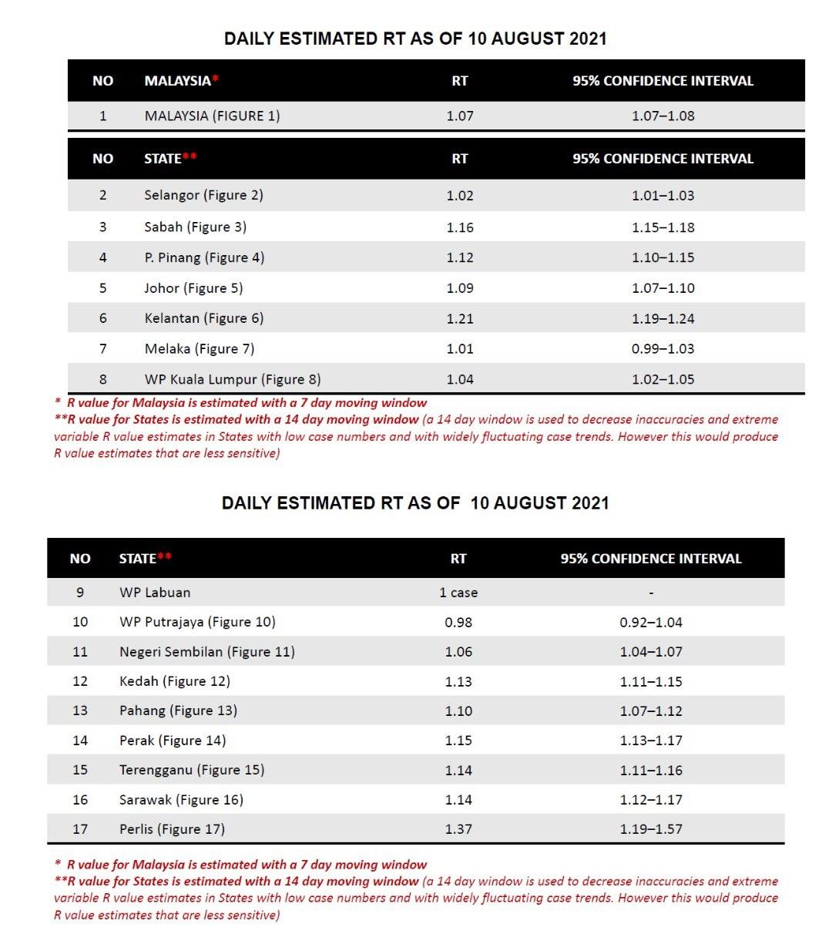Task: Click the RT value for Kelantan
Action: (x=460, y=318)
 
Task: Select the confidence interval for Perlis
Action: (x=651, y=829)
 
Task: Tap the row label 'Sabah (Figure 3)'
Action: (x=195, y=227)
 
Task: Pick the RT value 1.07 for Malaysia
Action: (x=460, y=116)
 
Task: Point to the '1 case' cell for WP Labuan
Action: (x=458, y=593)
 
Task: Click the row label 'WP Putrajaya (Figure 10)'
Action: (x=197, y=622)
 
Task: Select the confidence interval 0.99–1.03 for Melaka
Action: (x=663, y=348)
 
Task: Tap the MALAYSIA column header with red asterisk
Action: (x=182, y=81)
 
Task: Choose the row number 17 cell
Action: (x=80, y=829)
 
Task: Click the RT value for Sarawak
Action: (x=458, y=800)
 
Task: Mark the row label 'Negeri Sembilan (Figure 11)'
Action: (x=206, y=652)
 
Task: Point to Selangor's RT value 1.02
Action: (x=460, y=195)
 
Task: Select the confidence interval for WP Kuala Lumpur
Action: (x=663, y=379)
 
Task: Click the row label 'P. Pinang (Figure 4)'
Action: (x=204, y=257)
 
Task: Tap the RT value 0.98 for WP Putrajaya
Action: (x=458, y=622)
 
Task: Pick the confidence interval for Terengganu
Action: (x=651, y=770)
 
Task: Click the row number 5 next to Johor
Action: (x=102, y=288)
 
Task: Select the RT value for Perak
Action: (x=458, y=741)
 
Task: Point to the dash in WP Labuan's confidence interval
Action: (x=651, y=593)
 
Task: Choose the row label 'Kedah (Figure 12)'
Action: (x=175, y=681)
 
